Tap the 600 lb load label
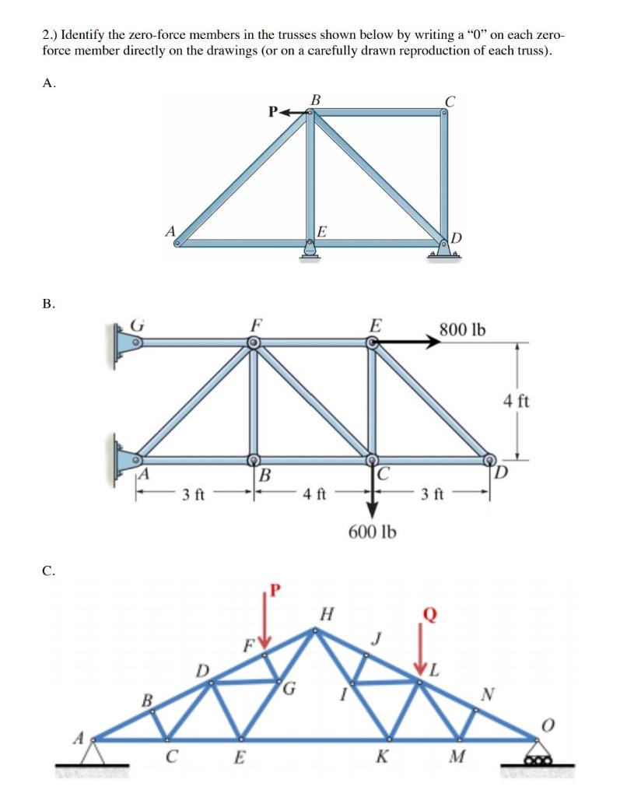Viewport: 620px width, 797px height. (x=372, y=532)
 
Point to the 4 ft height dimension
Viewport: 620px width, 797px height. (x=516, y=402)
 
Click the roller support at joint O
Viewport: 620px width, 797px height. (x=538, y=757)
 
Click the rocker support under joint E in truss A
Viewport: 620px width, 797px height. (x=310, y=251)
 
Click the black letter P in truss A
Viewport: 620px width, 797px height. (x=273, y=111)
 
